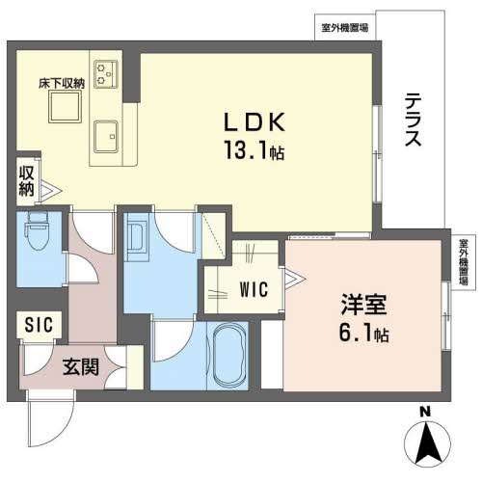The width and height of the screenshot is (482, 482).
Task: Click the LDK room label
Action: pos(254,122)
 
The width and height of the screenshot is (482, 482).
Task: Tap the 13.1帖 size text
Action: pos(254,150)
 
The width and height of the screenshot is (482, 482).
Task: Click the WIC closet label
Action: pos(254,289)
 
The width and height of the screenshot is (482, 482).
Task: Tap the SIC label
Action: pos(39,325)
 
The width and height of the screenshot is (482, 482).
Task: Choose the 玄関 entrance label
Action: pos(81,366)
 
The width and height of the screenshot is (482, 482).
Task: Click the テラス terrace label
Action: pos(413,120)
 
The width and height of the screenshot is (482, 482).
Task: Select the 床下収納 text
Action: pos(62,84)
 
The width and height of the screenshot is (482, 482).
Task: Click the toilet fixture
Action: pos(38,229)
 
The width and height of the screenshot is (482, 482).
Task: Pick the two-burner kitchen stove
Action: pos(106,74)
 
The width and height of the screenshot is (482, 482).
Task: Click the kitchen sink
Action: pos(106,137)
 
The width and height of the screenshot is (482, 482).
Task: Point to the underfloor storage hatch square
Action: pos(65,106)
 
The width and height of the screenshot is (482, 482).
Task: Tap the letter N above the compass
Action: pos(425,412)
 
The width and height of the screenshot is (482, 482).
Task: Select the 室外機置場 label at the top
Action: pos(345,28)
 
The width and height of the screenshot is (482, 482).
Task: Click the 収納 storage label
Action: pos(26,180)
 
